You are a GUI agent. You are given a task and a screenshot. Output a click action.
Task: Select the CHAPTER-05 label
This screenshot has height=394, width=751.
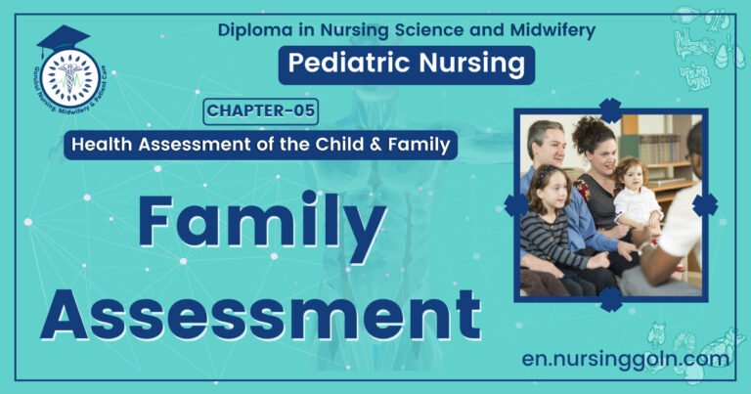point(261,110)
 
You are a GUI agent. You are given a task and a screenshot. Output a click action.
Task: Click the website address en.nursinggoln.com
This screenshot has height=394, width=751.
point(626,359)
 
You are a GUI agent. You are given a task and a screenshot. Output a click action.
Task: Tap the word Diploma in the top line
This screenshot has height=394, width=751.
point(251,29)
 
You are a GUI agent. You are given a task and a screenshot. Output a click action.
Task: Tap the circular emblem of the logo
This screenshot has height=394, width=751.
point(69,77)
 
